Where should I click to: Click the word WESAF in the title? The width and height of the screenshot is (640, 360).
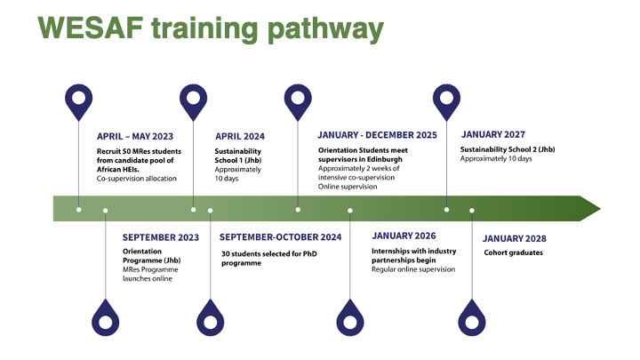(90, 28)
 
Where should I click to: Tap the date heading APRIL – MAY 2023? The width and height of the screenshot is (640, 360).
(135, 136)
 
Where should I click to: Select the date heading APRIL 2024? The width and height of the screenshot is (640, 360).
(240, 136)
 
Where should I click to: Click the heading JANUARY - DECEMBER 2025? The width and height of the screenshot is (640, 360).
(377, 135)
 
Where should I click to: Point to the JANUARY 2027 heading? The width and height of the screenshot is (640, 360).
(493, 134)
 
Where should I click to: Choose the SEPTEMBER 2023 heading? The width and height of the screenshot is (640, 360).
(161, 237)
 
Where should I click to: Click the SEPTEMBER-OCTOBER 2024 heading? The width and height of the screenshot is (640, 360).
(280, 237)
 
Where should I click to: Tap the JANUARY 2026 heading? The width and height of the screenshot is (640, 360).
(404, 236)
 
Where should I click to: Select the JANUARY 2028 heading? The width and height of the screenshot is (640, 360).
(515, 238)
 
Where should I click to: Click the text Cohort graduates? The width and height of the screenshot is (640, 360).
(514, 252)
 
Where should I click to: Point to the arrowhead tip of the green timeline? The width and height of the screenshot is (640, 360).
(600, 209)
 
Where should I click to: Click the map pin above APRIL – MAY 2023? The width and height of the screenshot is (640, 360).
(79, 102)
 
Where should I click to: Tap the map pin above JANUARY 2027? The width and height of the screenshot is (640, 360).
(446, 102)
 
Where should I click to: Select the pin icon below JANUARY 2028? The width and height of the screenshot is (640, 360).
(472, 318)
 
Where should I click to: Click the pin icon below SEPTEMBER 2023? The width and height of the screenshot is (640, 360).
(105, 318)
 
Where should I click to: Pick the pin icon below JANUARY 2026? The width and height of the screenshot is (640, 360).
(350, 318)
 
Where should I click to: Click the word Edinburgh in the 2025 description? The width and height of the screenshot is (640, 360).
(383, 160)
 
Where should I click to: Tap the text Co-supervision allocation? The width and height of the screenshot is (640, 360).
(137, 179)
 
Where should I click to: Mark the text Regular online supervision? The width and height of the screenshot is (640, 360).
(413, 269)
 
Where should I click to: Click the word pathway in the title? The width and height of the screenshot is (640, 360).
(325, 30)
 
